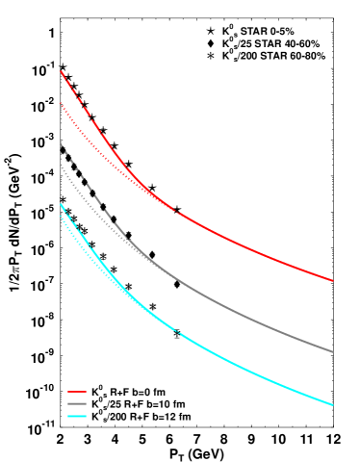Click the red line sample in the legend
pyautogui.click(x=77, y=392)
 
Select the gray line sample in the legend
pyautogui.click(x=77, y=404)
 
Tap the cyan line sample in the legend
pyautogui.click(x=77, y=416)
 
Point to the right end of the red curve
pyautogui.click(x=333, y=281)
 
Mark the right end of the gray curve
pyautogui.click(x=333, y=351)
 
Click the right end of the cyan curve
pyautogui.click(x=333, y=405)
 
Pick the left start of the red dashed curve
pyautogui.click(x=60, y=71)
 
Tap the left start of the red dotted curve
pyautogui.click(x=61, y=103)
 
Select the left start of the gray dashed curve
pyautogui.click(x=60, y=144)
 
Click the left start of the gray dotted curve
pyautogui.click(x=60, y=166)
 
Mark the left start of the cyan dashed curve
pyautogui.click(x=60, y=204)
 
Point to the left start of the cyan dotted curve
pyautogui.click(x=60, y=216)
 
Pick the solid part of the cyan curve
pyautogui.click(x=250, y=370)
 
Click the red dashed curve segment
pyautogui.click(x=96, y=120)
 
